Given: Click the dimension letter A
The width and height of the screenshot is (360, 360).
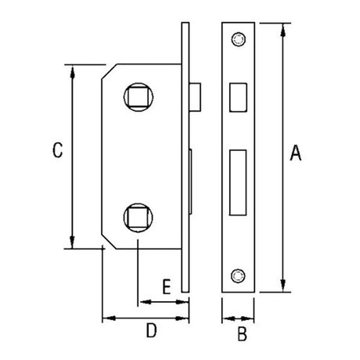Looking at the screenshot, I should tap(295, 154).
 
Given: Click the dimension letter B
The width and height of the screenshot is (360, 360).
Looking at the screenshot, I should tap(242, 336).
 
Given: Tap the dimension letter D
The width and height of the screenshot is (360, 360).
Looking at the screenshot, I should tap(152, 332).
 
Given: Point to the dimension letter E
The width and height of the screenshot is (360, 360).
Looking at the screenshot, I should tap(165, 286).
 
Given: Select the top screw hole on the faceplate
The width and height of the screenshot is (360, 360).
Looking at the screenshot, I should tap(239, 37).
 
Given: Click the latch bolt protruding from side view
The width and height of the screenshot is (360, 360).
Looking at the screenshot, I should tap(196, 95).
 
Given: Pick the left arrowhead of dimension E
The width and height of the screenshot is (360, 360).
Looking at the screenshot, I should tap(142, 301).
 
